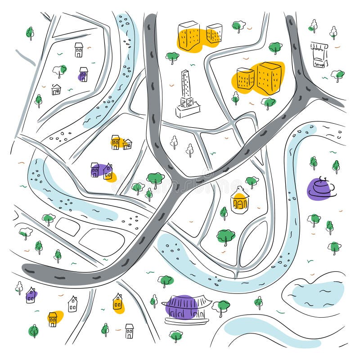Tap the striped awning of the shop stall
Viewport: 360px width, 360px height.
tap(319, 46)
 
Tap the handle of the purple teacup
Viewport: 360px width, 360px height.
tap(331, 187)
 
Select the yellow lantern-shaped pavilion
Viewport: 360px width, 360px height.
tap(240, 200)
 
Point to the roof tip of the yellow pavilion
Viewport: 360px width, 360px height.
tap(240, 188)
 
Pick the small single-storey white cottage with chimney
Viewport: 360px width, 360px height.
tap(56, 90)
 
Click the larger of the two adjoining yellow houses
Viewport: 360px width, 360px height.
tap(116, 142)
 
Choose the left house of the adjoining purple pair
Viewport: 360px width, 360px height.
tap(95, 170)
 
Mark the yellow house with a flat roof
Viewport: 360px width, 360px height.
tap(53, 319)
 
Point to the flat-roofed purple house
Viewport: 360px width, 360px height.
tap(83, 74)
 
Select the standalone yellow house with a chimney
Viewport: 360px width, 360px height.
tap(118, 301)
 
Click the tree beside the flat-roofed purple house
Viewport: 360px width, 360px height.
tap(59, 70)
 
